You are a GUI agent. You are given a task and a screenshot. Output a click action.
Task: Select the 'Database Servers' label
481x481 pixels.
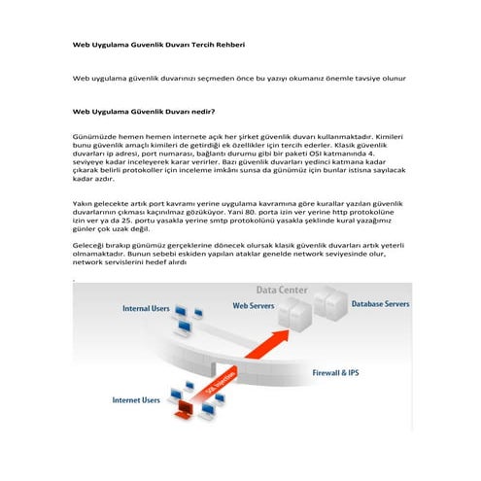click(x=380, y=304)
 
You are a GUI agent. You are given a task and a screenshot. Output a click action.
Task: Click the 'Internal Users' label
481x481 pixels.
click(x=146, y=308)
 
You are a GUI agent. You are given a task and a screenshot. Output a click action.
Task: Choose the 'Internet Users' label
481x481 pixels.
click(x=136, y=399)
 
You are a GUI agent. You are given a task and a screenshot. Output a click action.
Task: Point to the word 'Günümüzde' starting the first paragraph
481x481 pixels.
click(x=94, y=138)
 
